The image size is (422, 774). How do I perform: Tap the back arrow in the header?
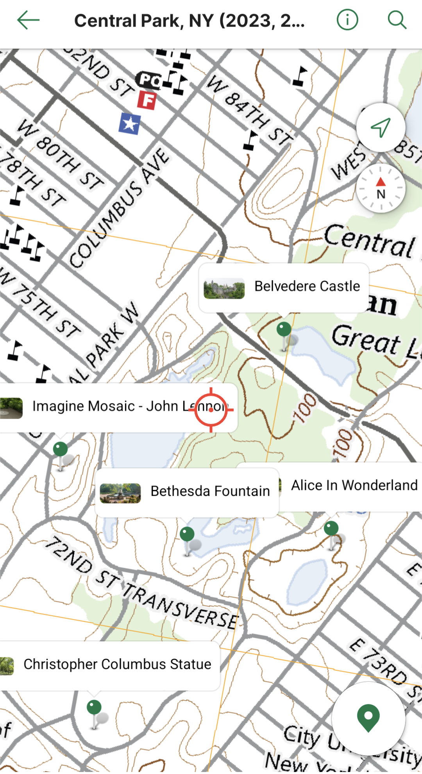pyautogui.click(x=28, y=20)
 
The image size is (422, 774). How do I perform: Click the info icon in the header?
pyautogui.click(x=347, y=20)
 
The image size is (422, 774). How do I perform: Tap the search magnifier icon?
pyautogui.click(x=397, y=20)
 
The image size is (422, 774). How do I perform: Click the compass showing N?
pyautogui.click(x=381, y=189)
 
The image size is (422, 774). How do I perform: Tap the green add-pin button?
pyautogui.click(x=368, y=718)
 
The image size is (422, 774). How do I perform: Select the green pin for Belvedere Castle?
pyautogui.click(x=284, y=329)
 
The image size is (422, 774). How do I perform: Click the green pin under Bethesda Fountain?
pyautogui.click(x=187, y=534)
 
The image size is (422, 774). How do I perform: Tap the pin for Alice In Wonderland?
pyautogui.click(x=331, y=529)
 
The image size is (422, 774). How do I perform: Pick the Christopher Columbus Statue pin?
pyautogui.click(x=94, y=707)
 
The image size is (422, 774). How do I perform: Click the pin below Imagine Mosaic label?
pyautogui.click(x=61, y=449)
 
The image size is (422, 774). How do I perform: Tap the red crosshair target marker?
pyautogui.click(x=211, y=410)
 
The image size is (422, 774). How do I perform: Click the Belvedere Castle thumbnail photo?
pyautogui.click(x=224, y=288)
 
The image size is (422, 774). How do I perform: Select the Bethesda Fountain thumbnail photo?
pyautogui.click(x=120, y=493)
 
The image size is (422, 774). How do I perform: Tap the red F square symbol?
pyautogui.click(x=147, y=100)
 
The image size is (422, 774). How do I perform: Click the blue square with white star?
pyautogui.click(x=130, y=124)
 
